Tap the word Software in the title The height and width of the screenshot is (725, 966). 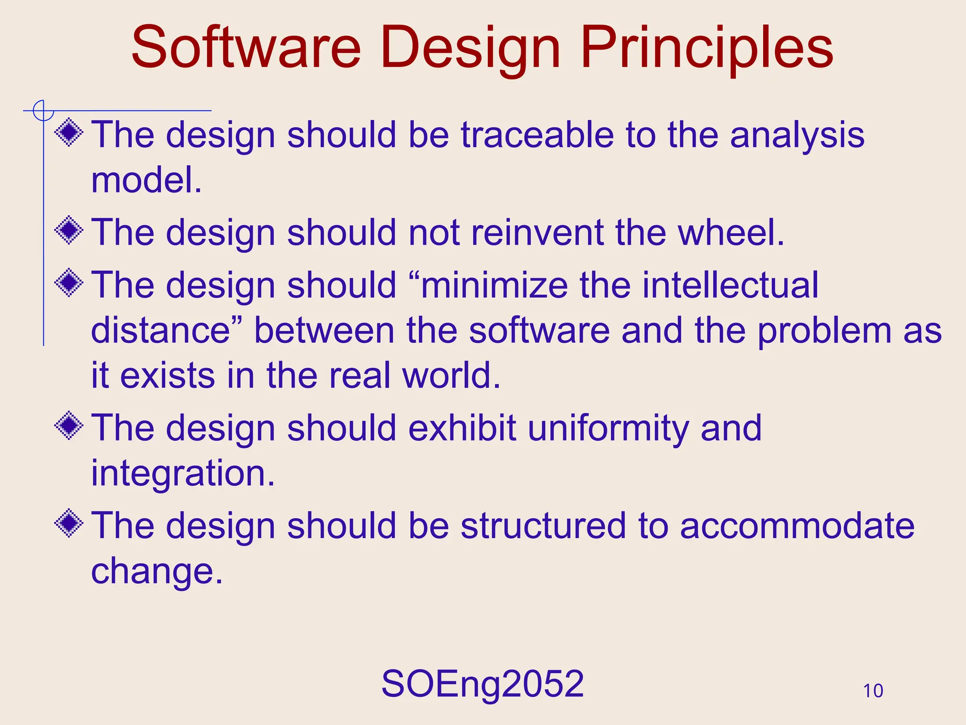246,47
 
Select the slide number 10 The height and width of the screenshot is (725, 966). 873,691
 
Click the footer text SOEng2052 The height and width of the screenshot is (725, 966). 483,684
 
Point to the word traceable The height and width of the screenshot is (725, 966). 537,135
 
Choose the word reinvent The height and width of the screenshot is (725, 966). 537,233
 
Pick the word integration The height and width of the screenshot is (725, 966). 182,474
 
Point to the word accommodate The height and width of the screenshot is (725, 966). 797,526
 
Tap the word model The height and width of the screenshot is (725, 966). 146,180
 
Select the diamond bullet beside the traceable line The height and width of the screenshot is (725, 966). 69,132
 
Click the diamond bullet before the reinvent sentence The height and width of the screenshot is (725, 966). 69,230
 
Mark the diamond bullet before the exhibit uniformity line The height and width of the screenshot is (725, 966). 69,425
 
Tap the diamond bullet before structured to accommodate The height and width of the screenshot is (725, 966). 69,523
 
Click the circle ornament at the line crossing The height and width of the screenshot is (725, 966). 43,111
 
